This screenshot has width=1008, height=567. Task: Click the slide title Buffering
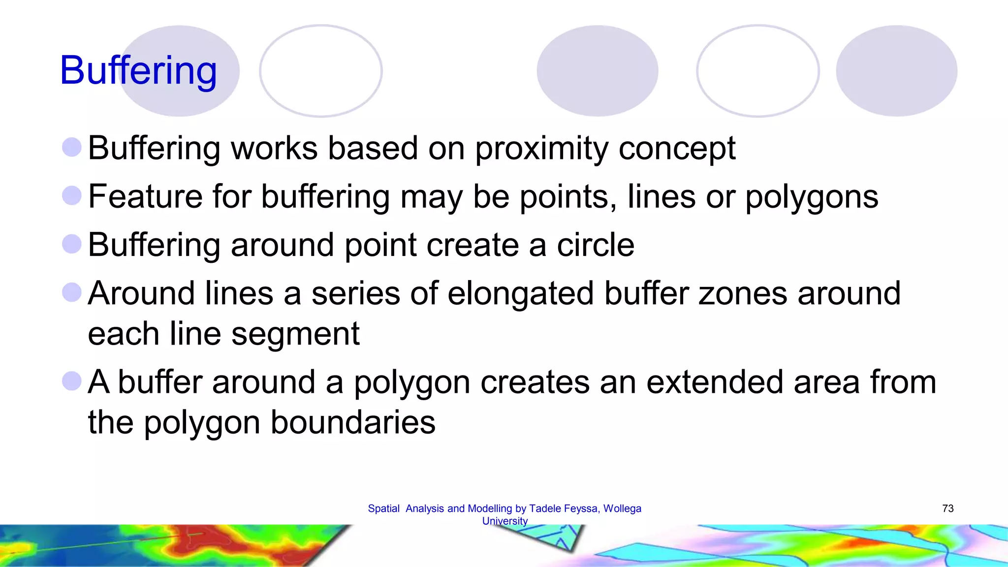click(x=138, y=71)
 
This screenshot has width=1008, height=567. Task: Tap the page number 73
click(x=947, y=508)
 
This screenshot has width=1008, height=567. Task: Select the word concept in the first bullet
click(x=677, y=148)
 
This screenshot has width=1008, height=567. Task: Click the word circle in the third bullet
click(x=596, y=245)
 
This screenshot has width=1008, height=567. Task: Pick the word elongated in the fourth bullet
click(x=521, y=293)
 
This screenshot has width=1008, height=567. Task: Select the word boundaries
click(x=353, y=422)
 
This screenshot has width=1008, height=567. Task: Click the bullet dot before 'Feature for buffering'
click(x=72, y=195)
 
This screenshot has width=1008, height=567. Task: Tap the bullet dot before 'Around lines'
click(x=72, y=292)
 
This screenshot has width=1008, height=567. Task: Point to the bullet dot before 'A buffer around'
click(x=72, y=381)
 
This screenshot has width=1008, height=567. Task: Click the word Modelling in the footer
click(x=490, y=508)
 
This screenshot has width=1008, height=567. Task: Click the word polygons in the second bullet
click(x=812, y=196)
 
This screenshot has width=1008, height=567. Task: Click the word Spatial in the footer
click(x=383, y=508)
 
